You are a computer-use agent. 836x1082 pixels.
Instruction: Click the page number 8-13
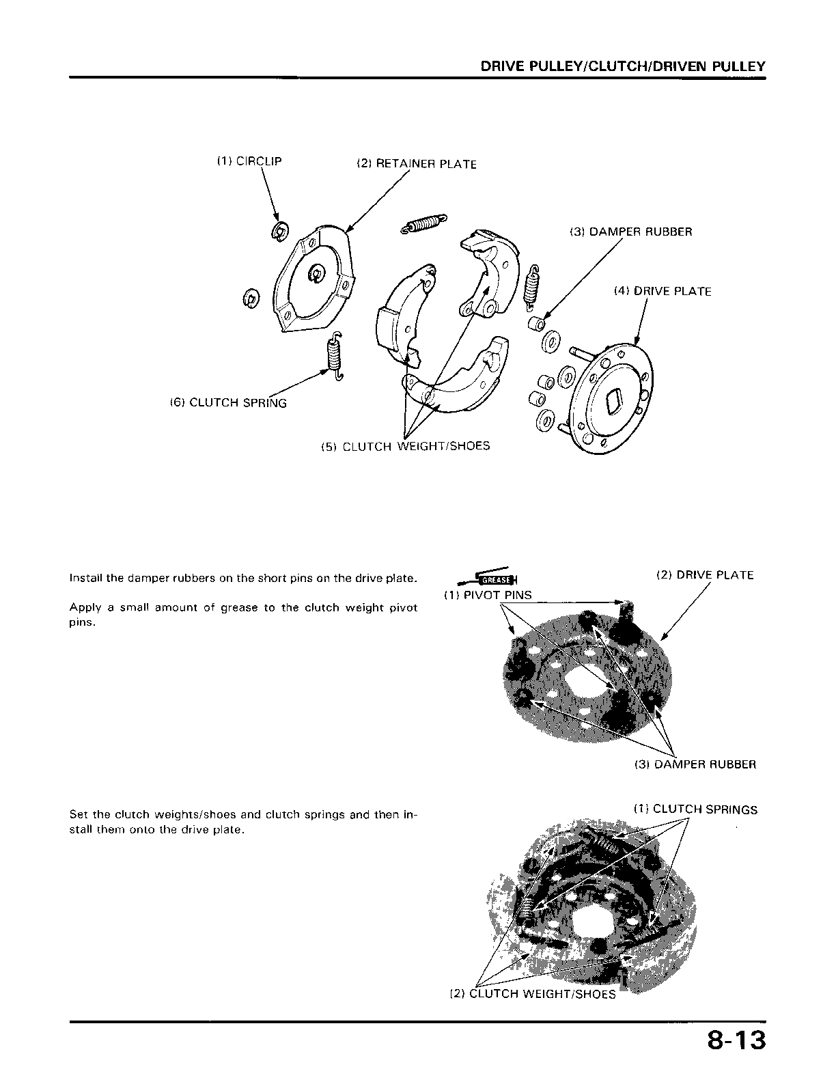[x=736, y=1044]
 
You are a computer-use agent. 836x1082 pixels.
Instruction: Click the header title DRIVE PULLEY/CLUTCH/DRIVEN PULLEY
[x=623, y=66]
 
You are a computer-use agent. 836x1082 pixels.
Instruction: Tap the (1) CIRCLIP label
[x=249, y=161]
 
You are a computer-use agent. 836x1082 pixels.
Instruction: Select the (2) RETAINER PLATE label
[x=417, y=164]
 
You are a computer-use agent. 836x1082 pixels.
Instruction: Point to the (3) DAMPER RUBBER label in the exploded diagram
[x=631, y=232]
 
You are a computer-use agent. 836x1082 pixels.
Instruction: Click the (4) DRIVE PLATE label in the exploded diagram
[x=663, y=291]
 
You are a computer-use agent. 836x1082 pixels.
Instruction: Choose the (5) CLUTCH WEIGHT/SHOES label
[x=406, y=446]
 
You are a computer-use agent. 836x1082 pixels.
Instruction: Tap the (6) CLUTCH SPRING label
[x=228, y=402]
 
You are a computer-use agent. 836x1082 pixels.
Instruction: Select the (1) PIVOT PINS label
[x=488, y=595]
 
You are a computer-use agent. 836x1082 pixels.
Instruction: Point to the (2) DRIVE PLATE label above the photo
[x=705, y=575]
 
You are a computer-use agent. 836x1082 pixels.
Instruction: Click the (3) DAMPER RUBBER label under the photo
[x=695, y=764]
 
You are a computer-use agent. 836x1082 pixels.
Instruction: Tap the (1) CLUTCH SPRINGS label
[x=695, y=809]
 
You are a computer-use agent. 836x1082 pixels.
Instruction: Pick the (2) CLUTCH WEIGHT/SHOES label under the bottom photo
[x=533, y=994]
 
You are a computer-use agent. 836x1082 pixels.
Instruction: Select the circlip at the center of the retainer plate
[x=317, y=275]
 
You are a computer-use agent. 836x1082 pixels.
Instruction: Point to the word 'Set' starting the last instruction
[x=78, y=814]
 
